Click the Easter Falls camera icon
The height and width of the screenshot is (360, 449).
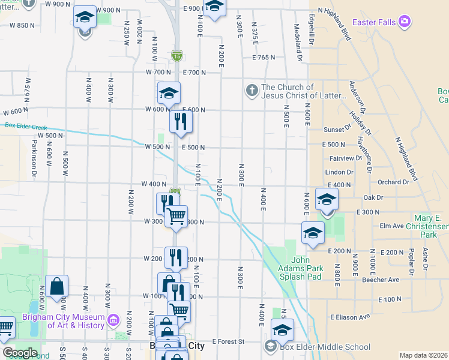pyautogui.click(x=405, y=22)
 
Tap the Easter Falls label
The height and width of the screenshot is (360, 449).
pyautogui.click(x=374, y=22)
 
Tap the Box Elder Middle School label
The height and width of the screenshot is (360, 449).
pyautogui.click(x=325, y=347)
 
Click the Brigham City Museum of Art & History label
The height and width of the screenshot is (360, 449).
pyautogui.click(x=64, y=321)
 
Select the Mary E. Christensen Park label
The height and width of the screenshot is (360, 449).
pyautogui.click(x=431, y=222)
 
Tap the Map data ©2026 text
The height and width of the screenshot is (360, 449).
pyautogui.click(x=423, y=355)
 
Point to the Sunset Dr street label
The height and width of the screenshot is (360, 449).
pyautogui.click(x=337, y=129)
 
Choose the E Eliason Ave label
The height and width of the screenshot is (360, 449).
pyautogui.click(x=348, y=317)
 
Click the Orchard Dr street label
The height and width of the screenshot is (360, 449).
pyautogui.click(x=393, y=182)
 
